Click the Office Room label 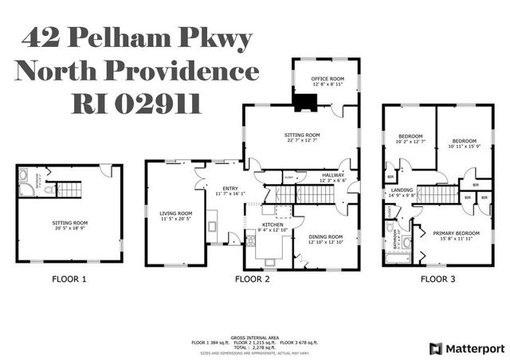(326, 78)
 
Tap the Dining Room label (325, 237)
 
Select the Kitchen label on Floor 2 (273, 225)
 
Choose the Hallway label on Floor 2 (333, 174)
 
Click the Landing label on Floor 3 (402, 190)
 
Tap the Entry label (230, 187)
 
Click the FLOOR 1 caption (69, 279)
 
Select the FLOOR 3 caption (437, 279)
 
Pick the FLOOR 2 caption (252, 279)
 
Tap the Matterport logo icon (435, 349)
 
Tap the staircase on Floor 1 (67, 188)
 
